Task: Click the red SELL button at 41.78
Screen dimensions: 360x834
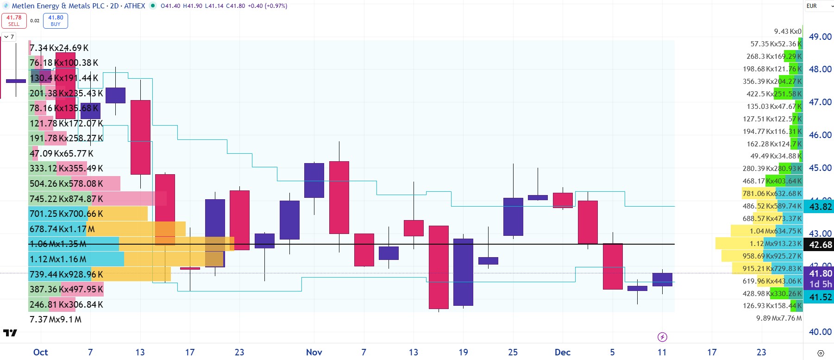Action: pos(14,21)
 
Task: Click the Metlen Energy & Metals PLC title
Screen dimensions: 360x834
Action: pos(58,6)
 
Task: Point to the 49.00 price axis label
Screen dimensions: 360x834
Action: pos(820,37)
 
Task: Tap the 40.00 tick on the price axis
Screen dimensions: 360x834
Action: pos(820,332)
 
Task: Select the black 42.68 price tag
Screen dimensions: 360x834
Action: pos(820,245)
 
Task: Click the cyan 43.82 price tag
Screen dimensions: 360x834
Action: pos(820,207)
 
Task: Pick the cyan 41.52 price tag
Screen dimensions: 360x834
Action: pos(820,297)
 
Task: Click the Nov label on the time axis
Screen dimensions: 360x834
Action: pos(314,352)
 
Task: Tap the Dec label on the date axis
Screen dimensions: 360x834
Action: pos(562,352)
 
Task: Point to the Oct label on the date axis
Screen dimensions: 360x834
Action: pos(41,352)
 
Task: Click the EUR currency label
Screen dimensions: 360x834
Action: pos(811,6)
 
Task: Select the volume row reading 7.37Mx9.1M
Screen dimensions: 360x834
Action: pos(56,320)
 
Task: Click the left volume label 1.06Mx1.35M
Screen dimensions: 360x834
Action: pos(58,244)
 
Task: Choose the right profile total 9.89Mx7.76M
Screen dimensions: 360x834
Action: pos(778,318)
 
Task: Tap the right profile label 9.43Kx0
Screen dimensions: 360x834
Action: pos(787,32)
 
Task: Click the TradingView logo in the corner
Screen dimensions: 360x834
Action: pos(10,333)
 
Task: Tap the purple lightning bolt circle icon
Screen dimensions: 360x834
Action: pos(662,337)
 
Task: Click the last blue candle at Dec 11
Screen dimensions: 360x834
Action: pos(662,279)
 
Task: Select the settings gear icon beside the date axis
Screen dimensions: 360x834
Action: pos(821,353)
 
